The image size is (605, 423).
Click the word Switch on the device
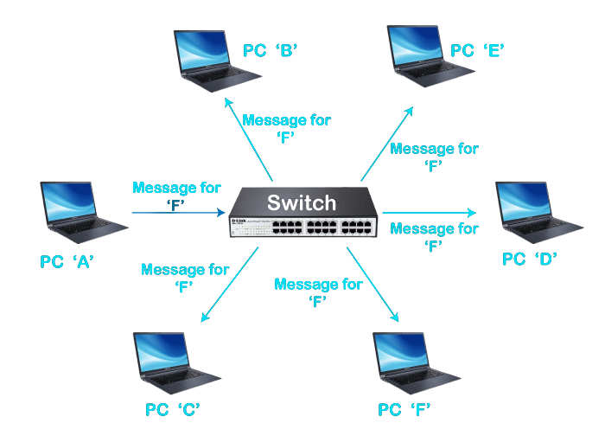click(x=300, y=203)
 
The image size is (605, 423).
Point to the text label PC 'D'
click(x=531, y=259)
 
